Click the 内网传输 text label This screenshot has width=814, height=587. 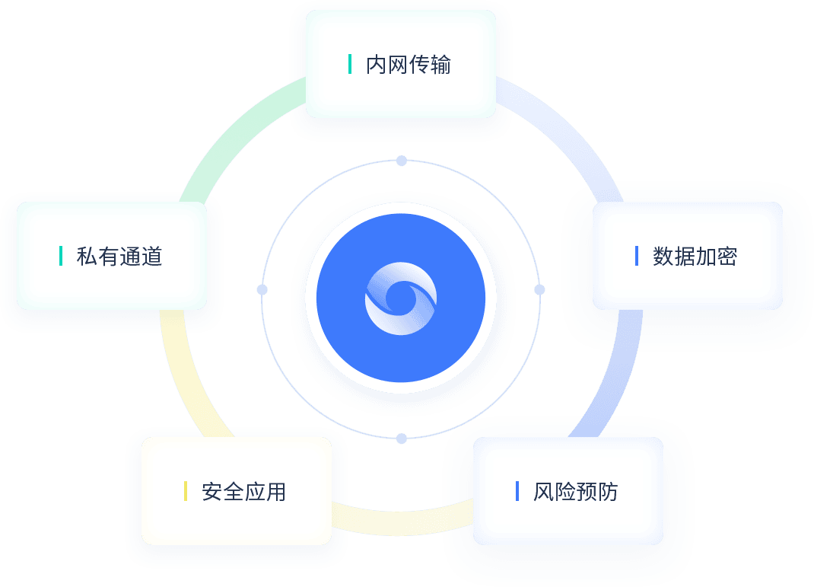pos(409,65)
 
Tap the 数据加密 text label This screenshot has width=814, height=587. pos(695,257)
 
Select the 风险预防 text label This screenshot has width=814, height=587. pos(576,492)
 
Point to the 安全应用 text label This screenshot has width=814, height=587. pos(244,492)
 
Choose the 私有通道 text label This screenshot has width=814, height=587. pos(119,257)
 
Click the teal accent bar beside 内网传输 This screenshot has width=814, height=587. pos(350,64)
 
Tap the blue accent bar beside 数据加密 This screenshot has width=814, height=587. pos(637,256)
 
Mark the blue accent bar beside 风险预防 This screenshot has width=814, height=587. pos(517,491)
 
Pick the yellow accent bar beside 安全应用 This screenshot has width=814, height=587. pos(186,491)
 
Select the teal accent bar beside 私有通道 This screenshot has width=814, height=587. pos(61,256)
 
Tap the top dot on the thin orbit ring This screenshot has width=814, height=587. pos(402,161)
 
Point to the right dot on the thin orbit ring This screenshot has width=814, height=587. pos(539,289)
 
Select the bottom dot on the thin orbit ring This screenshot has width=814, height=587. pos(402,439)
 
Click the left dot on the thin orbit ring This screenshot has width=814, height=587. pos(262,290)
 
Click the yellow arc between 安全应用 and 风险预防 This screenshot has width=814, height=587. pos(403,518)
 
